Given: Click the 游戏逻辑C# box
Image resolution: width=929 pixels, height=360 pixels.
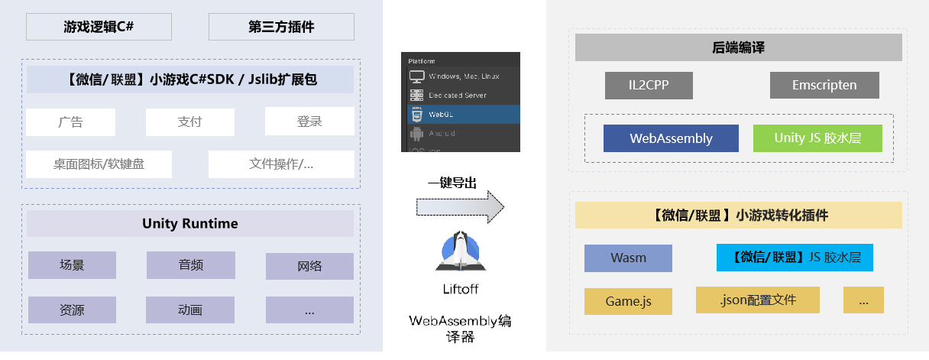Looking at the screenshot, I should coord(99,27).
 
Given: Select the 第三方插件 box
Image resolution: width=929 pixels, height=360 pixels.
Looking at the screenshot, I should coord(281,27).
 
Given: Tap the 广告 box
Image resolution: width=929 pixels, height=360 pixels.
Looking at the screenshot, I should coord(70,122).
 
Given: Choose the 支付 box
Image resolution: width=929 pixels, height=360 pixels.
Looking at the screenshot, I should coord(189,122).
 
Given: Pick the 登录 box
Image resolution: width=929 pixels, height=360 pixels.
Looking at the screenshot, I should coord(309,122).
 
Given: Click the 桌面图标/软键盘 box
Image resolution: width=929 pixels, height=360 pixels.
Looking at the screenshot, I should coord(99,164).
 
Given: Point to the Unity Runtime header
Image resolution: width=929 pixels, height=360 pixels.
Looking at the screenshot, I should coord(190,224).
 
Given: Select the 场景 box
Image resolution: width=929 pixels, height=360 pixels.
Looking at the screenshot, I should coord(72,265).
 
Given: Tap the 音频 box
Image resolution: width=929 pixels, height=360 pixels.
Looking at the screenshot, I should coord(190,265).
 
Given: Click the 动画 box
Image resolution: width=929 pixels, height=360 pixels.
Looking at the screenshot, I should coord(190,310).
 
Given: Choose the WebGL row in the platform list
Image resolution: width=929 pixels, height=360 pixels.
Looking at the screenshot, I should coord(460,115).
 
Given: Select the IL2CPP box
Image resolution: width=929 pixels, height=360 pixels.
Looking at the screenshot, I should coord(649,86).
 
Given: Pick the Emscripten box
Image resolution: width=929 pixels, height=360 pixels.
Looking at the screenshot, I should coord(824,86).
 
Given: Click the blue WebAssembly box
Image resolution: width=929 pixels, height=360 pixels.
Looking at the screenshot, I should coord(671,138).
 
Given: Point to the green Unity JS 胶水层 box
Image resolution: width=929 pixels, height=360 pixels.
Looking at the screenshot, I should coord(817,138).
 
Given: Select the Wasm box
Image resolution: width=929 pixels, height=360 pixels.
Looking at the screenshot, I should coord(628,258).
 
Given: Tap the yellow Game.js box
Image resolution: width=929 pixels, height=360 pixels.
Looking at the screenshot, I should coord(628,301).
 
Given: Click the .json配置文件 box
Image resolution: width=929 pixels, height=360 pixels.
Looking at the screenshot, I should coord(757,300).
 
